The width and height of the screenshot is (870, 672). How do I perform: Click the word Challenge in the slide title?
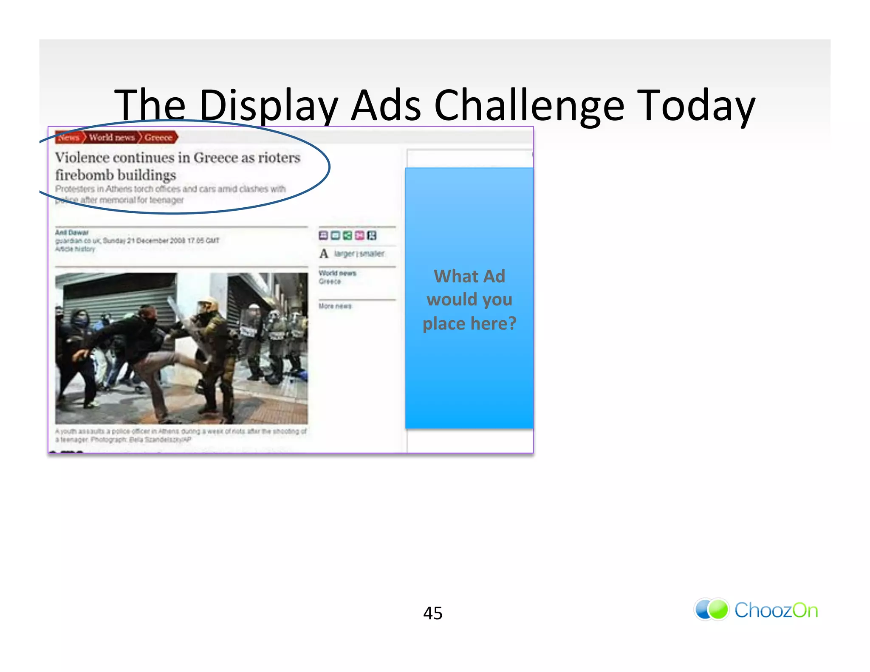point(529,105)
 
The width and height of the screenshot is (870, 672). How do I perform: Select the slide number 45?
point(432,613)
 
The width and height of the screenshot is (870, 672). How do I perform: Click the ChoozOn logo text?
point(776,610)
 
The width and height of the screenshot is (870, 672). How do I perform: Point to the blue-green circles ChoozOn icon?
point(712,610)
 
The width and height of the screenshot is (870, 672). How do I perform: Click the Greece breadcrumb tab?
point(158,137)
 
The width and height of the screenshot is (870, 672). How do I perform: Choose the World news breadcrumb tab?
point(112,137)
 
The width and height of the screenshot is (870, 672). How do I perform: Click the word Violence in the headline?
point(82,158)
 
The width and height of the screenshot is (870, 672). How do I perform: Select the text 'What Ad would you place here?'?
point(469,299)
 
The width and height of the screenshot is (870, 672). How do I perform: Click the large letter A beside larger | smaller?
point(324,254)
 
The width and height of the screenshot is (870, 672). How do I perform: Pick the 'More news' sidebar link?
point(335,306)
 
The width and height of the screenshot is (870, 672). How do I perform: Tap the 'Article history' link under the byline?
point(75,249)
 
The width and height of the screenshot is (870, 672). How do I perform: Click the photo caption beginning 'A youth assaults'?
point(181,435)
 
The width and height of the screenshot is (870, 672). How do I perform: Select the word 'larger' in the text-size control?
point(344,254)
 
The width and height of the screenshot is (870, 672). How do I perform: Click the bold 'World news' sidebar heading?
point(337,273)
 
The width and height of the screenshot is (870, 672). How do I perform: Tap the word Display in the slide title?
point(268,105)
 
